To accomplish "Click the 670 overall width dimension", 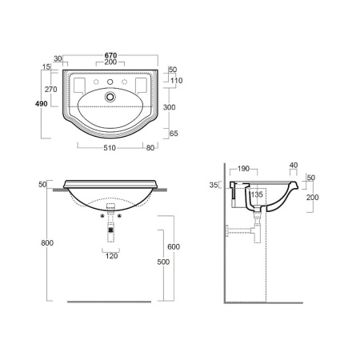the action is [x=110, y=55].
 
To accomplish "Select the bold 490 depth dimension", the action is [x=42, y=103].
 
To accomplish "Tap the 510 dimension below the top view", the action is [x=110, y=147].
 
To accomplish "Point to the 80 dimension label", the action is [x=150, y=147].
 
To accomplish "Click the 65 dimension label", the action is [x=174, y=134].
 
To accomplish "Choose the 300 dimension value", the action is [x=170, y=107].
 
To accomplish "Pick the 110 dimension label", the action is [x=177, y=80].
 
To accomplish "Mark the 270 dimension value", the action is [x=50, y=89].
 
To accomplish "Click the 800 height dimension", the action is [x=47, y=242].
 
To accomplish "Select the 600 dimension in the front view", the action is [x=174, y=246].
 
